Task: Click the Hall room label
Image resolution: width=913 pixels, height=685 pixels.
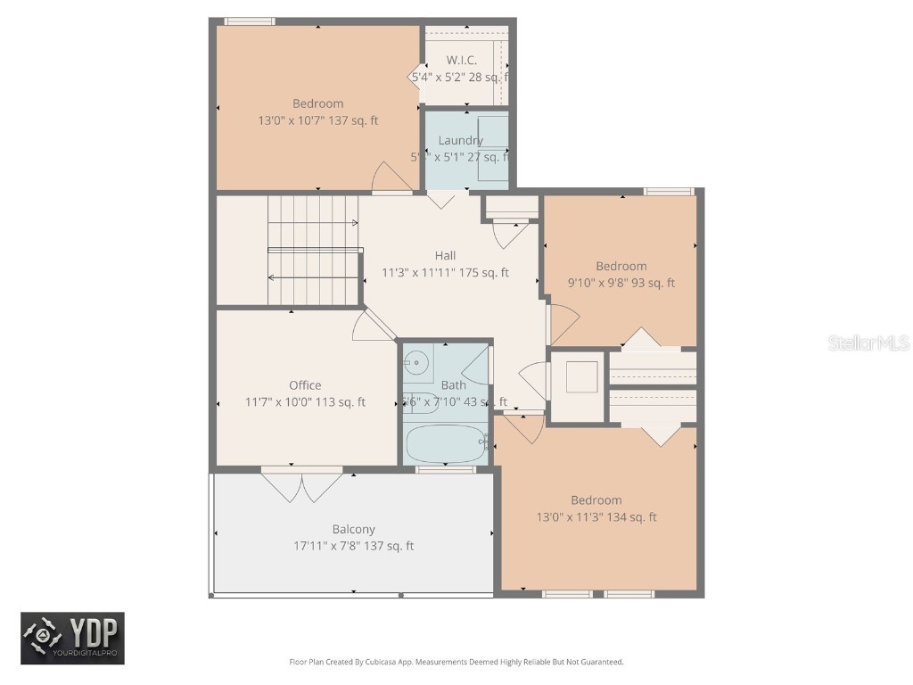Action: pyautogui.click(x=445, y=256)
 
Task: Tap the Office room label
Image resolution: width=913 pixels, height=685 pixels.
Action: pyautogui.click(x=305, y=385)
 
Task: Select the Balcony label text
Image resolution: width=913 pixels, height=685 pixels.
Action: pyautogui.click(x=353, y=529)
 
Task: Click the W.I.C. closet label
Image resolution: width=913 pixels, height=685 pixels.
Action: pyautogui.click(x=461, y=60)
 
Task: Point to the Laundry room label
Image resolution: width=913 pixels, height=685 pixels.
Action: pyautogui.click(x=460, y=140)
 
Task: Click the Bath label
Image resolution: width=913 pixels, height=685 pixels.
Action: pyautogui.click(x=453, y=385)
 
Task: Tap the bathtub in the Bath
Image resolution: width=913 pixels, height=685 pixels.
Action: pyautogui.click(x=446, y=442)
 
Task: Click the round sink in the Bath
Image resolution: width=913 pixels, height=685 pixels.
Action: pyautogui.click(x=416, y=361)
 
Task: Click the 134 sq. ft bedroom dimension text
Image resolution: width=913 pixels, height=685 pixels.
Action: pyautogui.click(x=596, y=517)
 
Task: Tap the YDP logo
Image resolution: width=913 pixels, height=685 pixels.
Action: pyautogui.click(x=73, y=638)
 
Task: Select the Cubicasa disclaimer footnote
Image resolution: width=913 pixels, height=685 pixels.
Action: pyautogui.click(x=456, y=662)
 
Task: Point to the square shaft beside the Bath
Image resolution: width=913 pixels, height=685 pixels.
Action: pyautogui.click(x=581, y=377)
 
